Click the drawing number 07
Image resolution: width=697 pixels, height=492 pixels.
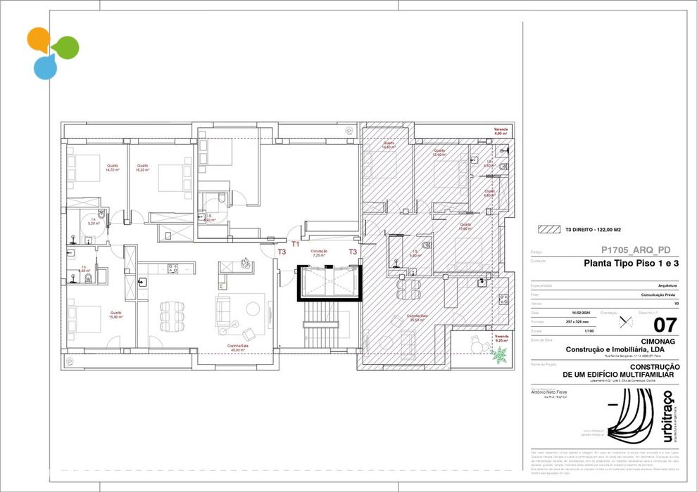point(665,325)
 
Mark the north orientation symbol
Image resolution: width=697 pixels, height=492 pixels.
point(624,322)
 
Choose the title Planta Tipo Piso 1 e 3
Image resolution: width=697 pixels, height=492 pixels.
point(632,264)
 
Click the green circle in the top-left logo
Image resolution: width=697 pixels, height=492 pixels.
point(65,47)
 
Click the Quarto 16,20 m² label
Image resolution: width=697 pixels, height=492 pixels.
point(143,168)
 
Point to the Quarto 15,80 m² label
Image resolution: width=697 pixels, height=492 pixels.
point(115,314)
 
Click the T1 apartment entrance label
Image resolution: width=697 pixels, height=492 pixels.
point(296,244)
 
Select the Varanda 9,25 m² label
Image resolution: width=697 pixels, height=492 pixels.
point(501,338)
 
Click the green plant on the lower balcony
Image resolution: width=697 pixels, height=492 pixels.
point(500,356)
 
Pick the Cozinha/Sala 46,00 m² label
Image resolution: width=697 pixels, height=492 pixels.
point(237,348)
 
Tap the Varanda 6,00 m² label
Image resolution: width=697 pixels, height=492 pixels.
point(501,131)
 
